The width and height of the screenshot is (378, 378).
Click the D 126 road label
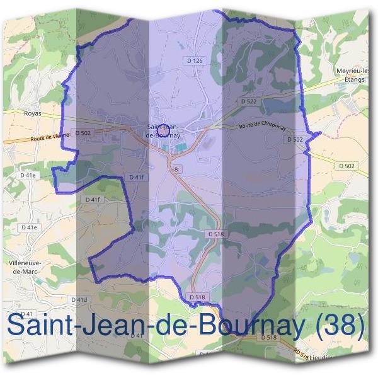click(196, 60)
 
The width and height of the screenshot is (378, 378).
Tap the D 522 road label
click(249, 101)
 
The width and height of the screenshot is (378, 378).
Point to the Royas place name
click(32, 114)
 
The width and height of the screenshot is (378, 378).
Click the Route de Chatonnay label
click(263, 127)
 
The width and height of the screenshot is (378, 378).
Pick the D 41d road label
click(79, 299)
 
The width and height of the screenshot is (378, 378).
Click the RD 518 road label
click(301, 353)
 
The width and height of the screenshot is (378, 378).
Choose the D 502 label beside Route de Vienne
click(83, 133)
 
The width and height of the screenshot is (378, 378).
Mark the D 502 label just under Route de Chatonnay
click(295, 139)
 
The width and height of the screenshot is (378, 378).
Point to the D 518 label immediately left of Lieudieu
click(268, 338)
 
